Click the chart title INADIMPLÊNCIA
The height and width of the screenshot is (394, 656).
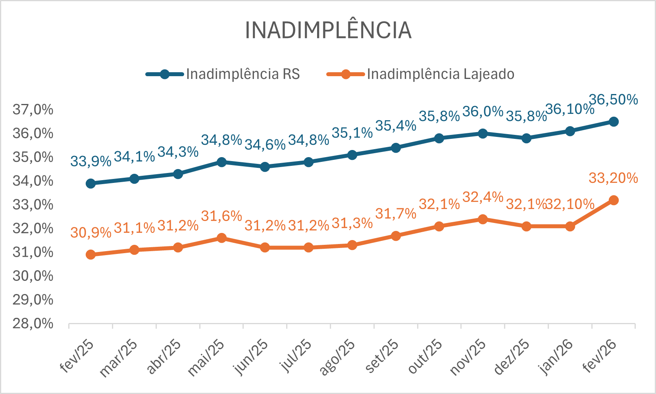(328, 30)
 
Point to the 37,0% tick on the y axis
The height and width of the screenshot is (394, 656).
(33, 110)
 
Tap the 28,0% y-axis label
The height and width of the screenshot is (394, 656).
(33, 324)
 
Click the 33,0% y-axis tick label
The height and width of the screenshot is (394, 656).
(33, 205)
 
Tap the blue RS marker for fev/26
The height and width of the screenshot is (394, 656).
(614, 121)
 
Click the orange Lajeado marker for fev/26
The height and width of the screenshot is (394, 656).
(614, 200)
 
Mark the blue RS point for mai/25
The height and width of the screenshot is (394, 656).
(221, 162)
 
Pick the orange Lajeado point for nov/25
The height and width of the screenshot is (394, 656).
(483, 219)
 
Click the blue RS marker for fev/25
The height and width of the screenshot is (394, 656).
(90, 183)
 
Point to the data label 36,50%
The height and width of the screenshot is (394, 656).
(613, 100)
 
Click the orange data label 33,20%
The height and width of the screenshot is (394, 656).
(613, 178)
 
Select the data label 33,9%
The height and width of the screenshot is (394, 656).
(90, 161)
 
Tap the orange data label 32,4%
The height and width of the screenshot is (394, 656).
(483, 197)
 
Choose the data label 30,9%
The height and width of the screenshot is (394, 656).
(90, 233)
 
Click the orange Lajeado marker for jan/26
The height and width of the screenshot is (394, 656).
(570, 227)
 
